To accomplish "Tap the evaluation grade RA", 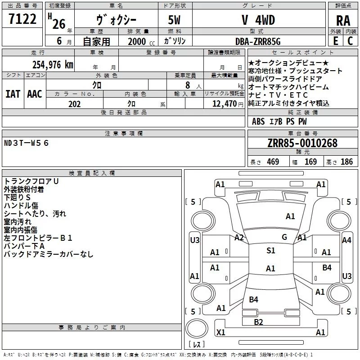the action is (x=343, y=21).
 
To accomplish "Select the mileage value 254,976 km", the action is (x=53, y=64).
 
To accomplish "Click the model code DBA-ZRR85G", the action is (x=258, y=41).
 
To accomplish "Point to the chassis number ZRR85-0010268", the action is (x=302, y=143).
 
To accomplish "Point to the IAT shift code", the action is (x=13, y=94).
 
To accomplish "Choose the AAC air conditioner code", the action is (x=35, y=94).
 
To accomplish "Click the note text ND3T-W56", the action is (x=27, y=143).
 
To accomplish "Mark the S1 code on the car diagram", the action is (x=270, y=251).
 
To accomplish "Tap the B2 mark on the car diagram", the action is (x=258, y=321).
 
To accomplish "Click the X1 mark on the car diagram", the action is (x=220, y=332).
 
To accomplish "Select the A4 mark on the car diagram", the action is (x=346, y=240).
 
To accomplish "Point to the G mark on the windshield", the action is (x=284, y=237).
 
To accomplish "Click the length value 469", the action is (x=272, y=162).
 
